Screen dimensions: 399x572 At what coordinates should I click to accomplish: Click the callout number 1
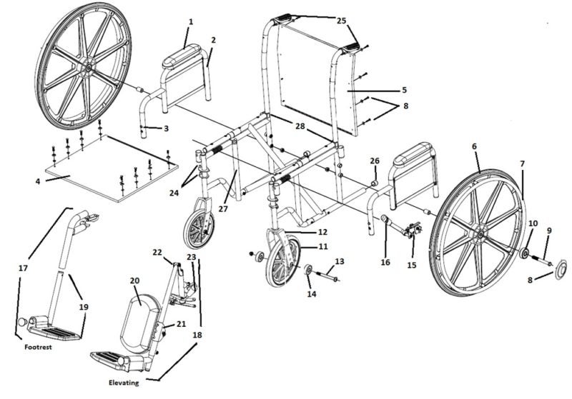coord(190,22)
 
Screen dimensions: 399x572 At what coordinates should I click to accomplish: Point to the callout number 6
coord(474,146)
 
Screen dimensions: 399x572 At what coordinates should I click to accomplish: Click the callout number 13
coord(339,261)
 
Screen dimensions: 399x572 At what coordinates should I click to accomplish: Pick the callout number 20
coord(134,281)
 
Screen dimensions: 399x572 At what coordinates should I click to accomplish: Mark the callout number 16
coord(385,262)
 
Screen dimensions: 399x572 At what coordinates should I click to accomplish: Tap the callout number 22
coord(157,251)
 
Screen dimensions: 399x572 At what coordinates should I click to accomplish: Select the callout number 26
coord(375,161)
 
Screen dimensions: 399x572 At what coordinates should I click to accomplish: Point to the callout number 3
coord(166,128)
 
